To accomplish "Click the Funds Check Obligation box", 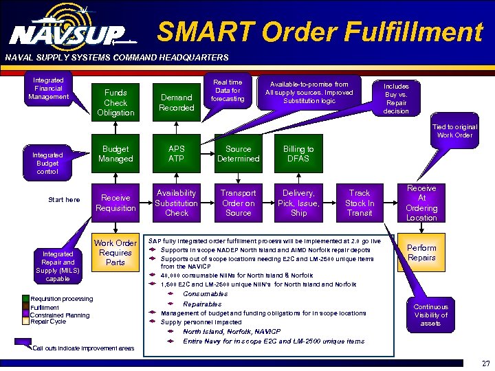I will [115, 102].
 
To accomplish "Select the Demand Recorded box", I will [177, 102].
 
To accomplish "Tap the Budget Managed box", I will [115, 154].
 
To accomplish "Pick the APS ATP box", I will [177, 154].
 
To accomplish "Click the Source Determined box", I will [239, 154].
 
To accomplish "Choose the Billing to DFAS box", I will [298, 154].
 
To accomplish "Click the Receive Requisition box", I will [115, 203].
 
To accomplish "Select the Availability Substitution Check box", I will [177, 203].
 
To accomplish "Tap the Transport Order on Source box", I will [239, 203].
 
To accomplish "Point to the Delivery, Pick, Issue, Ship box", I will [298, 203].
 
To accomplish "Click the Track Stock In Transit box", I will [360, 203].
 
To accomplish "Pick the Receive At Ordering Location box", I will [421, 203].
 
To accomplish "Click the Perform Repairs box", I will [421, 253].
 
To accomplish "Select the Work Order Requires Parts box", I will [115, 252].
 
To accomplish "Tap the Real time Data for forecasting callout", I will [228, 90].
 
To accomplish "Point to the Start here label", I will [64, 200].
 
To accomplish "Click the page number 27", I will [486, 363].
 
